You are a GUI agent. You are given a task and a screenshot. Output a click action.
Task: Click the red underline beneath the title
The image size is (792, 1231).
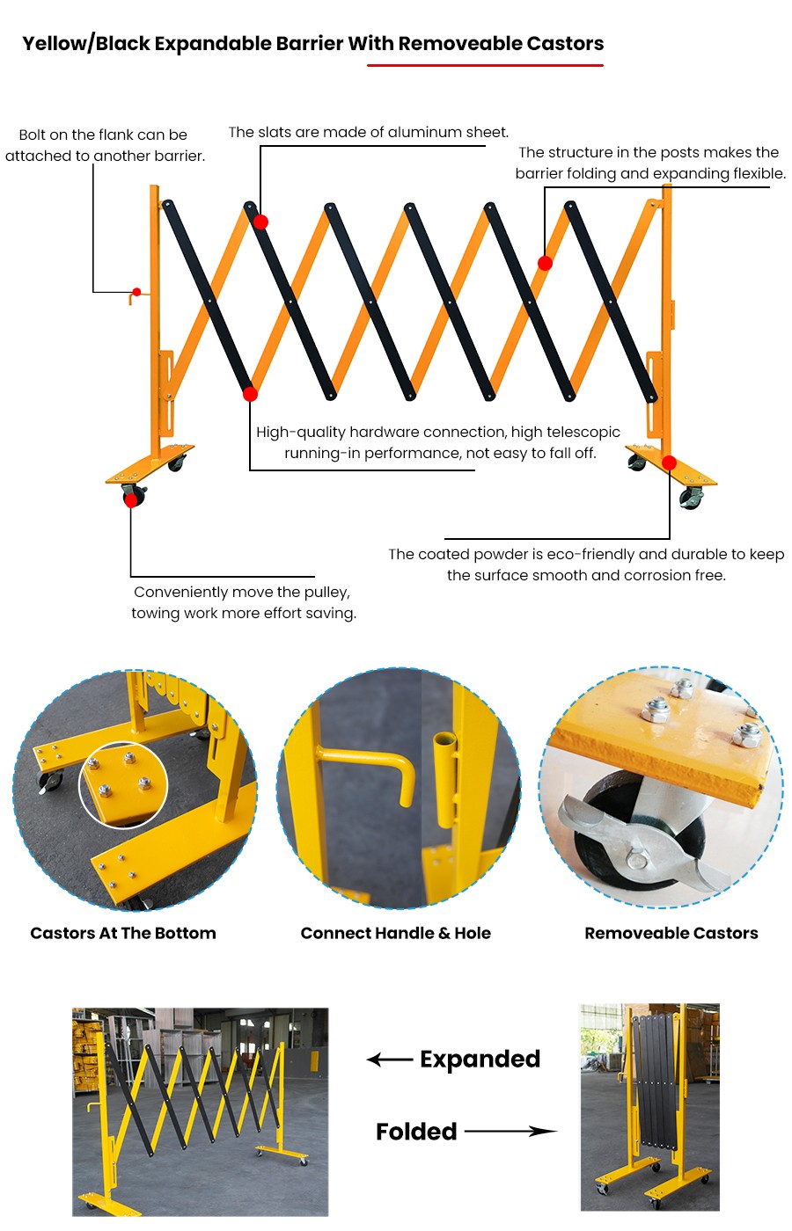[x=485, y=65]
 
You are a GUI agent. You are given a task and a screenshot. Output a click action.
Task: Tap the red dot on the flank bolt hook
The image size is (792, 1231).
[x=136, y=292]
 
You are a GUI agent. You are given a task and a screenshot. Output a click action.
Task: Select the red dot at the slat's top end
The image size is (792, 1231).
[x=260, y=222]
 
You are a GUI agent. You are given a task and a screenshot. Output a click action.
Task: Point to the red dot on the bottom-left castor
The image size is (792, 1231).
[x=131, y=500]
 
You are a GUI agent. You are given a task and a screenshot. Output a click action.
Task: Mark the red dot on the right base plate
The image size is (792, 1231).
[x=669, y=463]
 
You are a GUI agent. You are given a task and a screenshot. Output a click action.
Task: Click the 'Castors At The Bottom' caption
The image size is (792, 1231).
[x=123, y=933]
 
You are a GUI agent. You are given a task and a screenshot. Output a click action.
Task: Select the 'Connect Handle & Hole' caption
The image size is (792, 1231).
[x=396, y=933]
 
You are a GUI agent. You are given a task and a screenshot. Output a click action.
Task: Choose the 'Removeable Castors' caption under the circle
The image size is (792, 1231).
[x=671, y=933]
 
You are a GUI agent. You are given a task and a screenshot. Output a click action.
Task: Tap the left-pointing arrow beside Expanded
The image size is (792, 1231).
[x=389, y=1060]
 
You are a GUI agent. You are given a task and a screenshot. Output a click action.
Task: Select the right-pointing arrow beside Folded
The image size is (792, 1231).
[x=510, y=1132]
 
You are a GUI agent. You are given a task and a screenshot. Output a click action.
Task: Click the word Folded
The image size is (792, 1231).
[x=416, y=1132]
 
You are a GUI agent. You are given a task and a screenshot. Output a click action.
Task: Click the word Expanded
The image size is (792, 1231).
[x=480, y=1060]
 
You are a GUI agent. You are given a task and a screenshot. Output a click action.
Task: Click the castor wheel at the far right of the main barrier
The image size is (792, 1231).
[x=692, y=500]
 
